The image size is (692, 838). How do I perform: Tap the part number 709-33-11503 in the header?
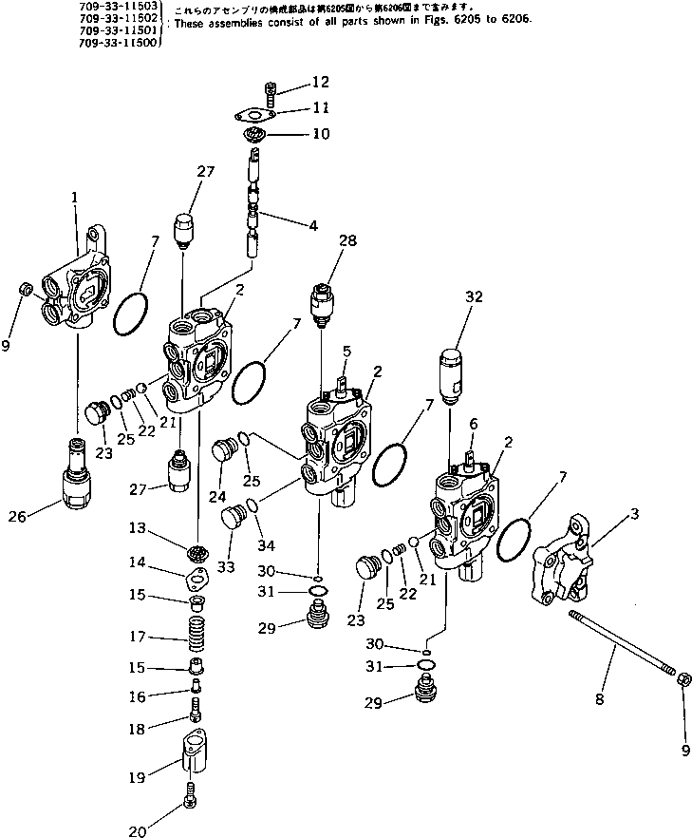pyautogui.click(x=120, y=6)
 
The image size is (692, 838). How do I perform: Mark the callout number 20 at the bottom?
pyautogui.click(x=139, y=832)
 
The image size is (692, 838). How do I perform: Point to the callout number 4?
pyautogui.click(x=312, y=226)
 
